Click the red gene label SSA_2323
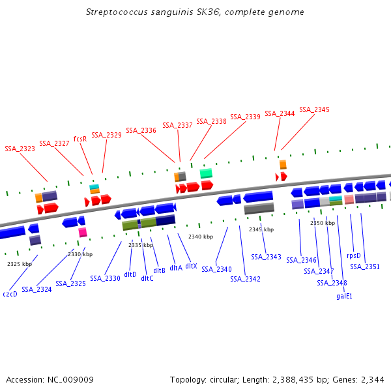[20, 149]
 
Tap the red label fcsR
[80, 139]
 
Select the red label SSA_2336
[141, 130]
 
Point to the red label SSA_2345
[314, 109]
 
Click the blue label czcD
[10, 294]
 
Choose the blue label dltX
[191, 266]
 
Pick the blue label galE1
[344, 296]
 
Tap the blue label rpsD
[354, 256]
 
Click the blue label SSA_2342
[245, 279]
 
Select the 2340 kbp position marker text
[201, 237]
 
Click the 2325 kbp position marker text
[20, 264]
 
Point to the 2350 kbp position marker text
[323, 223]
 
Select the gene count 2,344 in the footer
[371, 379]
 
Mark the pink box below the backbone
[83, 232]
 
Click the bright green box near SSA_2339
[206, 173]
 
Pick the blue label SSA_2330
[105, 278]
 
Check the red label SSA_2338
[211, 121]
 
